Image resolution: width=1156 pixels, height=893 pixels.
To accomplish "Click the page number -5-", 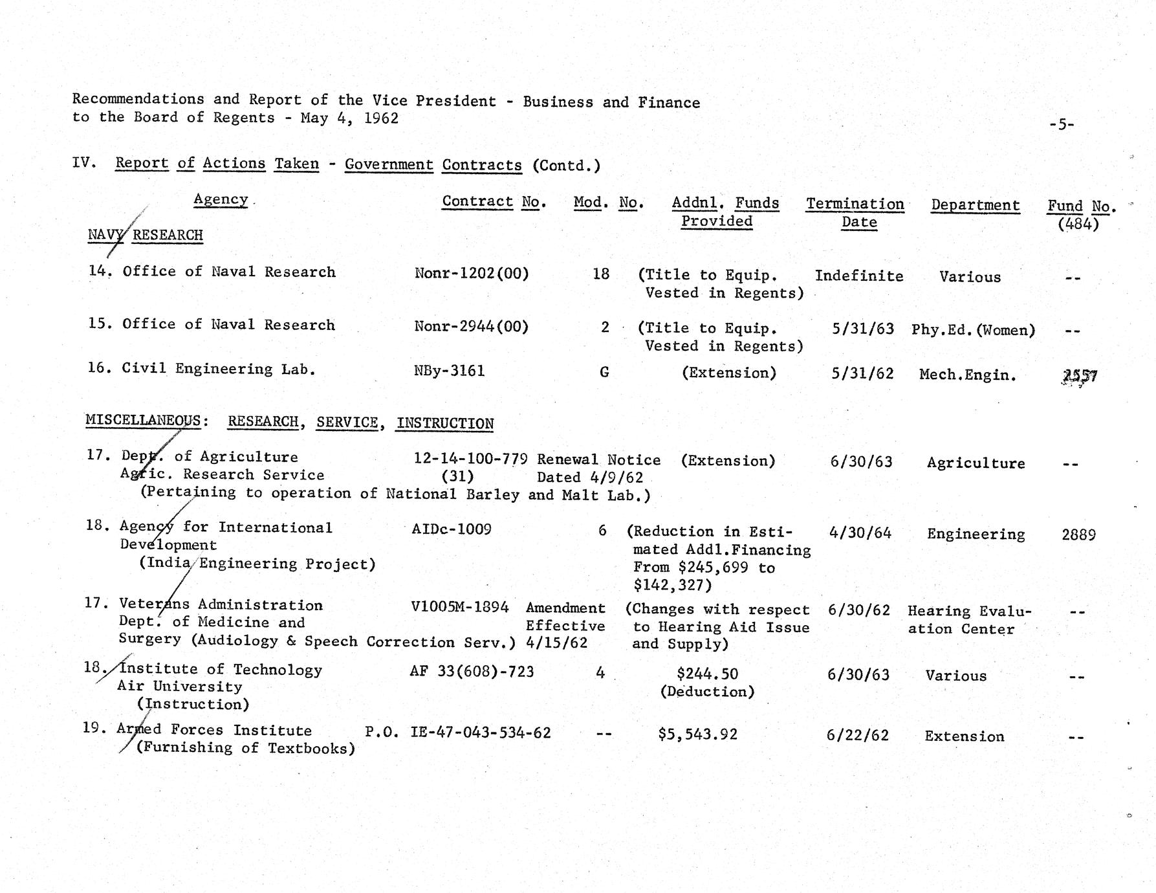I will coord(1061,124).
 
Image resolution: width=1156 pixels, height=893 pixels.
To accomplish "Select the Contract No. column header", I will coord(494,202).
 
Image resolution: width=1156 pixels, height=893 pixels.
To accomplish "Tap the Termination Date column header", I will coord(855,213).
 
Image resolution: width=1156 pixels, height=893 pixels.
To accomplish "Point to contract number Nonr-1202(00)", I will coord(472,274).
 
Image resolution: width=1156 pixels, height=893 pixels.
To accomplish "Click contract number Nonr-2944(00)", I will coord(472,327).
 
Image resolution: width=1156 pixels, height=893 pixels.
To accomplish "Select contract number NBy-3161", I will coord(449,371).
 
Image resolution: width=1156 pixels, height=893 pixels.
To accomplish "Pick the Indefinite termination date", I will coord(858,276).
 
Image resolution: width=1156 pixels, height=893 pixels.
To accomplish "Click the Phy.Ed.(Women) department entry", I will coord(973,330).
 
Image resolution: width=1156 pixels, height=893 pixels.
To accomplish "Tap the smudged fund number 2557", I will coord(1080,376).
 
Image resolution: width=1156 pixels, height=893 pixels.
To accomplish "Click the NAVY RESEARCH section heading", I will coord(146,235).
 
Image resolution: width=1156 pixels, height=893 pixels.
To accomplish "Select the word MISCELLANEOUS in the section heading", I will coord(143,421).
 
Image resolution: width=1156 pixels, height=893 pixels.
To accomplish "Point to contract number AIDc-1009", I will coord(452,529).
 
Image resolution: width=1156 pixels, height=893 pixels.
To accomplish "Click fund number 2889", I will coord(1078,535).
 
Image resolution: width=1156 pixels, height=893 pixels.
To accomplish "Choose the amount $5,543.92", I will coord(697,734).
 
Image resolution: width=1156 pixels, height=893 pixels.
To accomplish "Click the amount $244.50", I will coord(707,674).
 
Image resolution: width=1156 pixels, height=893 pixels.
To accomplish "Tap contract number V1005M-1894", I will coord(459,607).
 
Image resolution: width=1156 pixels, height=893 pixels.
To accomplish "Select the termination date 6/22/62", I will coord(857,736).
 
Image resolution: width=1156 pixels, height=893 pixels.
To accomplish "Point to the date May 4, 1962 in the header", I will coord(349,118).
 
